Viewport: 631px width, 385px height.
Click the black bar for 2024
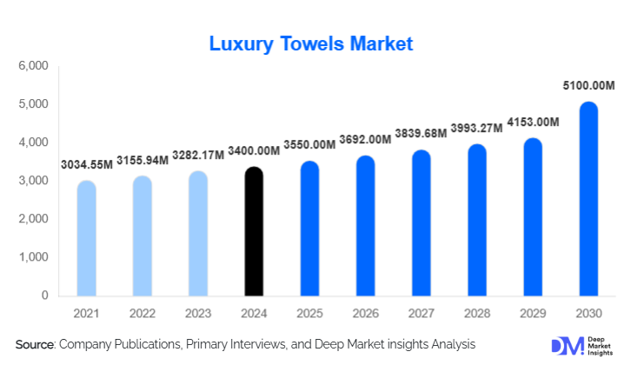point(253,232)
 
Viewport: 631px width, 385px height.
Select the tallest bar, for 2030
point(588,199)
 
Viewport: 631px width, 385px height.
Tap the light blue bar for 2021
point(86,239)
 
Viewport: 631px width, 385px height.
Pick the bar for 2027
point(421,223)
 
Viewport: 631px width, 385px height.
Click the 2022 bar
point(142,236)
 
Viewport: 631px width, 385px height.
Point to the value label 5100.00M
point(588,86)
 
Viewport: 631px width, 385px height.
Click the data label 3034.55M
point(86,164)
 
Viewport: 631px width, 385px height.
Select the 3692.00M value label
point(365,139)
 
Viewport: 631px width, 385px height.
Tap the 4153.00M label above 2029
point(533,122)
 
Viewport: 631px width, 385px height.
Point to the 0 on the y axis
point(43,295)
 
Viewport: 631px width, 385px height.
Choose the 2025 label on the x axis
point(309,312)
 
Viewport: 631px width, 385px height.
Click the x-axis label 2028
point(476,312)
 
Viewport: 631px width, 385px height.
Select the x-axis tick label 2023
point(197,312)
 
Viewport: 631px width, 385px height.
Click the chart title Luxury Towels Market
point(310,43)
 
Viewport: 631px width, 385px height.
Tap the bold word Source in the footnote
point(35,345)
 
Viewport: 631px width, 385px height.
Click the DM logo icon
point(562,346)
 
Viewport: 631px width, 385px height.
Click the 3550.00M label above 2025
point(309,144)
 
